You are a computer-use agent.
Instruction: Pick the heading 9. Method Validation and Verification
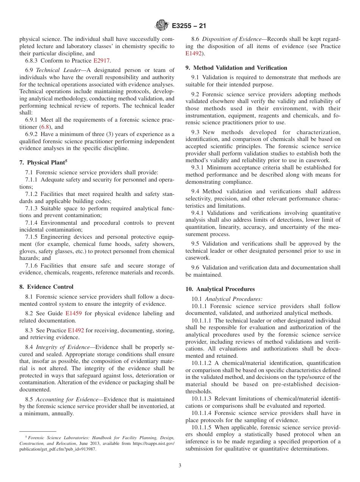[x=236, y=68]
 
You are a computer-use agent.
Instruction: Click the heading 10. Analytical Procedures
[x=220, y=289]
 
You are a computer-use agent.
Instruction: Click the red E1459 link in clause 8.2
[x=74, y=313]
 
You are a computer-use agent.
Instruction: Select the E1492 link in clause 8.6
[x=194, y=53]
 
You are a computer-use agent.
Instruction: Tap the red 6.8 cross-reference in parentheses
[x=45, y=127]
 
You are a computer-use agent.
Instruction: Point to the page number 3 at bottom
[x=180, y=466]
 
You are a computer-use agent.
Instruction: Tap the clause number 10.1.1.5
[x=202, y=427]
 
